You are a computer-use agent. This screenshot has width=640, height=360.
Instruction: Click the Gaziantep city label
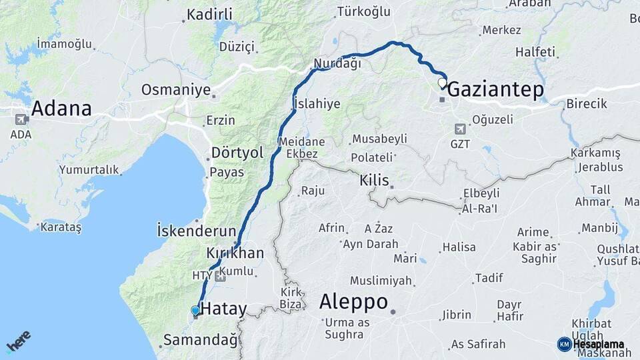click(495, 90)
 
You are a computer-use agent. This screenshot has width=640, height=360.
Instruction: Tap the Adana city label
click(61, 108)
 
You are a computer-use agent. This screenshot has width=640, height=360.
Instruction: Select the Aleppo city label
click(353, 302)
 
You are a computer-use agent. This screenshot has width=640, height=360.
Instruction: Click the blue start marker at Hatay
click(195, 310)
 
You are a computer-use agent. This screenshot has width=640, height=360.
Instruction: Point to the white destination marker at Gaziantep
click(441, 83)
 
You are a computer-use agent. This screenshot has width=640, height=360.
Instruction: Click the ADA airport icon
click(21, 120)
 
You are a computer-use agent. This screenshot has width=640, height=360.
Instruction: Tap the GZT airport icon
click(460, 129)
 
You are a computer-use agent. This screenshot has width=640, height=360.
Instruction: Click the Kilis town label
click(374, 181)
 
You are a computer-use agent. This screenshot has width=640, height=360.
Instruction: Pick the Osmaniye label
click(175, 90)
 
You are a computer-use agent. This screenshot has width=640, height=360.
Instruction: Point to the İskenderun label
click(196, 231)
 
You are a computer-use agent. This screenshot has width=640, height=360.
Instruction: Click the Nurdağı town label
click(337, 64)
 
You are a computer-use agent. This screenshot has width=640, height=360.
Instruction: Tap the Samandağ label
click(200, 341)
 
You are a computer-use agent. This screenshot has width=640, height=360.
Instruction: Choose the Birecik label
click(587, 104)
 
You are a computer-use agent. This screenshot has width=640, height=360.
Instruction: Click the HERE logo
click(18, 341)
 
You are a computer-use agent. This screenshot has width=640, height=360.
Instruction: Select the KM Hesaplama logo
click(591, 344)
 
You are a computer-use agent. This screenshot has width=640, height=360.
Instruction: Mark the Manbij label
click(600, 228)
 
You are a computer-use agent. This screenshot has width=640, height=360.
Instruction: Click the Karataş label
click(61, 228)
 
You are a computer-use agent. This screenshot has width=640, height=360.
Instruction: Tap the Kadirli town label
click(209, 15)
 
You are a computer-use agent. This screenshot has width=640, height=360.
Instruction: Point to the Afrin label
click(331, 228)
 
